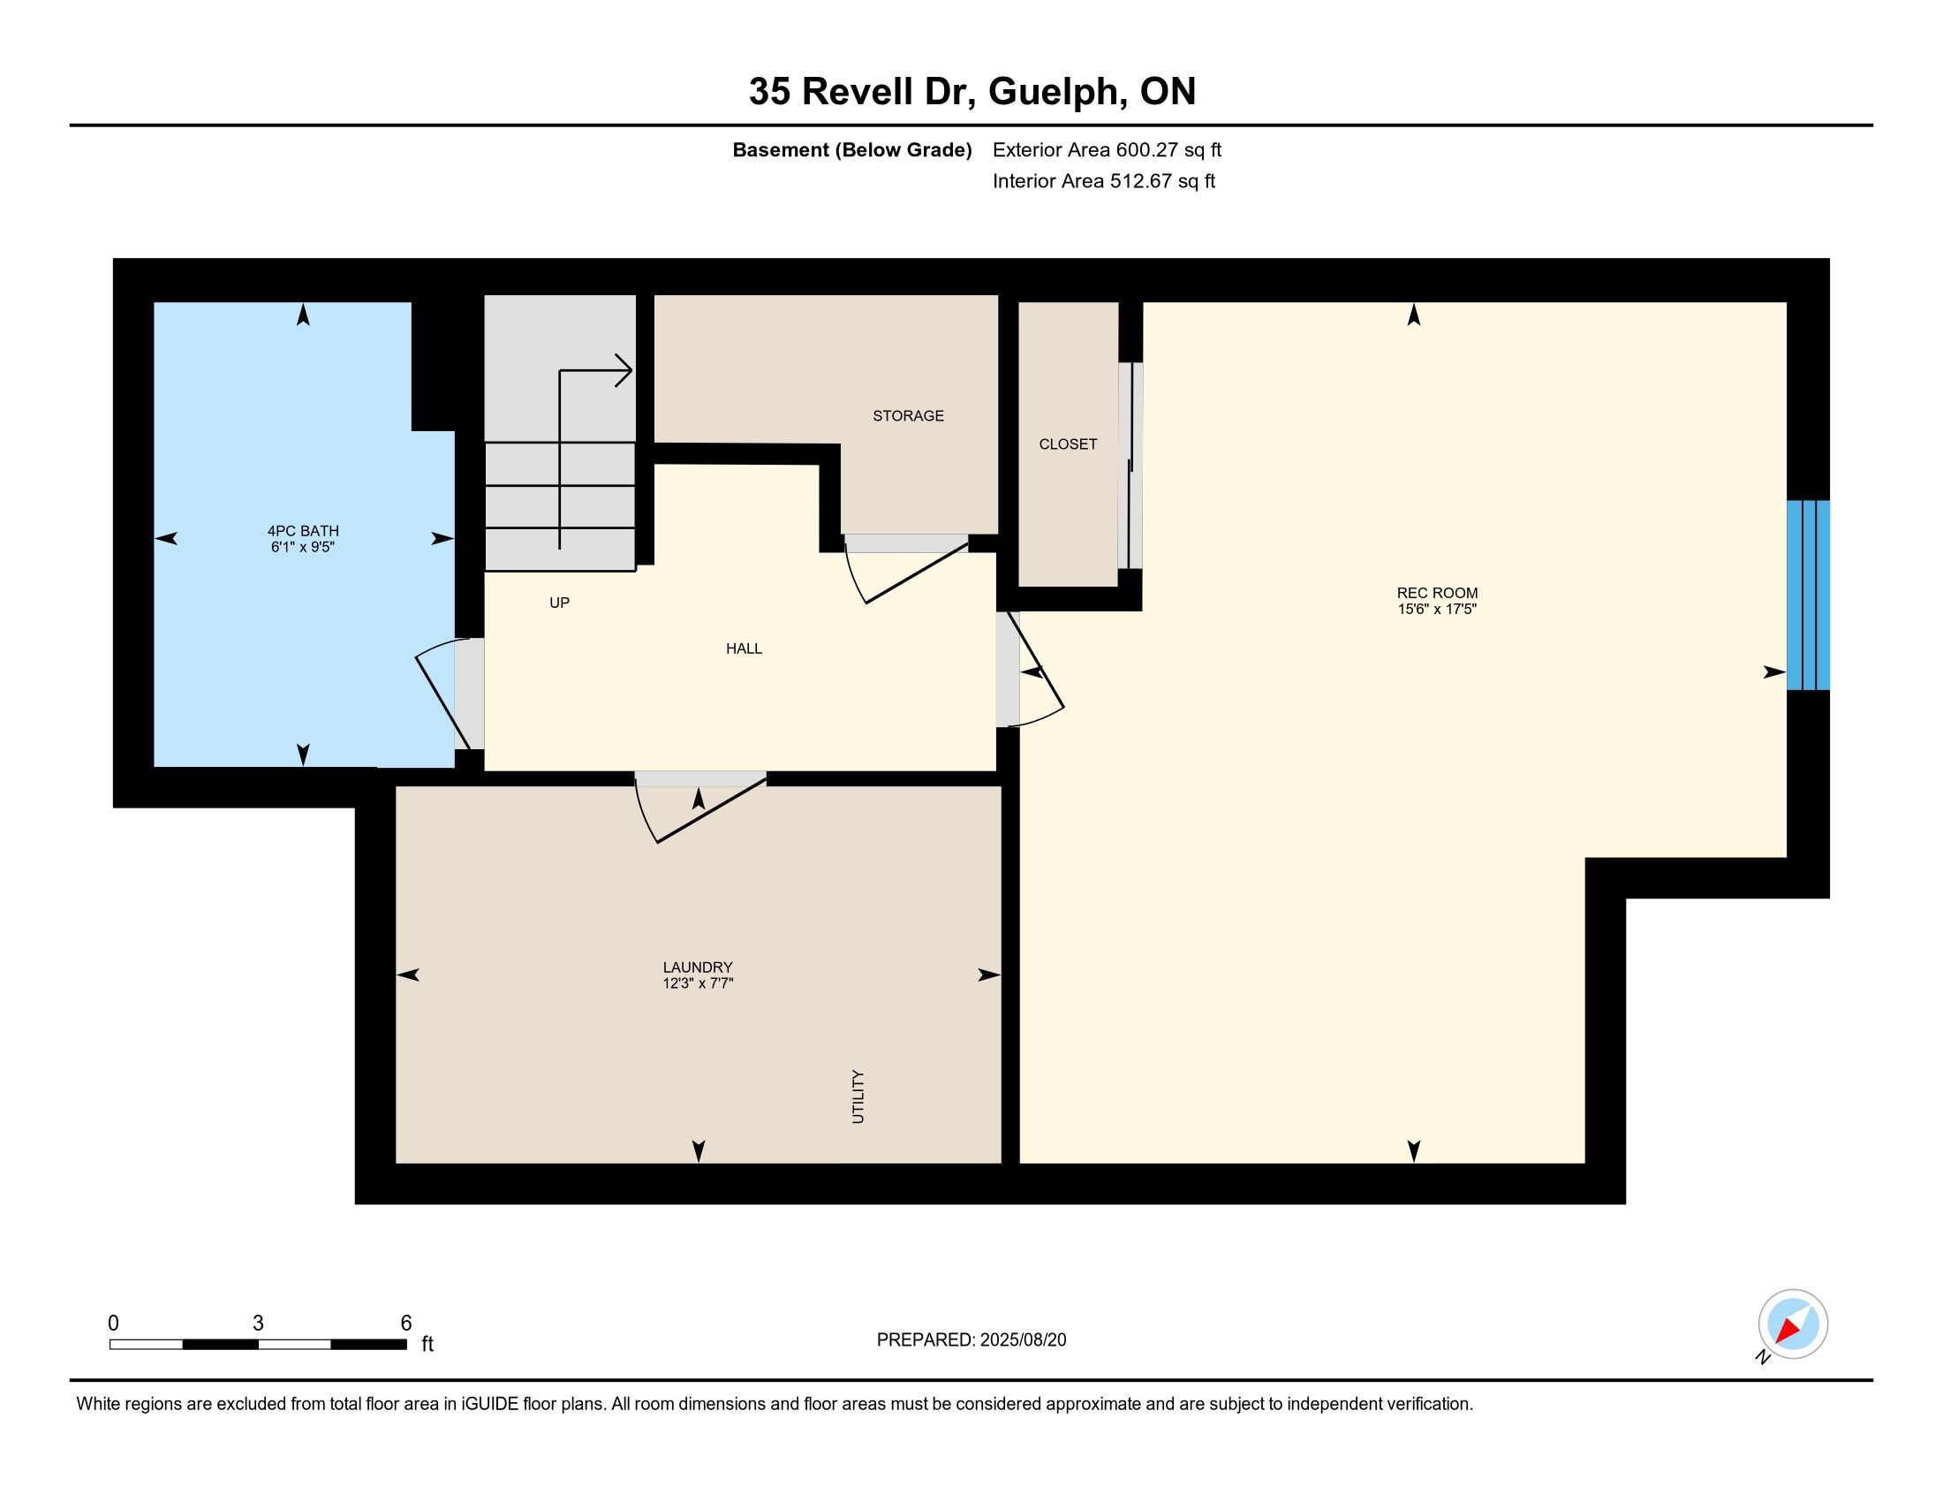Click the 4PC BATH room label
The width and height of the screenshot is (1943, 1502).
click(303, 531)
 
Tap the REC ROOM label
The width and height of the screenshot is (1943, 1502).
click(1437, 593)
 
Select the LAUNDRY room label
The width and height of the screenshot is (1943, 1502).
click(698, 967)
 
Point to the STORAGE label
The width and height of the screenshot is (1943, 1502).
click(908, 415)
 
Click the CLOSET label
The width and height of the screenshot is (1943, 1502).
click(1068, 444)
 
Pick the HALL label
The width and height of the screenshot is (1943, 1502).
click(744, 649)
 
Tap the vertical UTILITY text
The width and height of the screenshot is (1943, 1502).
click(858, 1096)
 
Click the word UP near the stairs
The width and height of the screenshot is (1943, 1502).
click(559, 603)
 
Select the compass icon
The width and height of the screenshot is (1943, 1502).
click(1792, 1324)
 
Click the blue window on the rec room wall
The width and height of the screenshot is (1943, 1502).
click(1808, 595)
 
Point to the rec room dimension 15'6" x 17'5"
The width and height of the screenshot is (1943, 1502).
click(1437, 610)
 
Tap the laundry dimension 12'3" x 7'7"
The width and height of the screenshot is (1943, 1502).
click(698, 983)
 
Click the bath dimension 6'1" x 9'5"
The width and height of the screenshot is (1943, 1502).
click(302, 547)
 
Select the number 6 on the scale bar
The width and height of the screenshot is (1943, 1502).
click(406, 1323)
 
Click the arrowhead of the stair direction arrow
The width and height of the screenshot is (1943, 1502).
click(624, 370)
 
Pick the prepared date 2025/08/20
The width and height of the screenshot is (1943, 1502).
click(1022, 1340)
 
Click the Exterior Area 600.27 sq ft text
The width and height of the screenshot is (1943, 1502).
click(1107, 149)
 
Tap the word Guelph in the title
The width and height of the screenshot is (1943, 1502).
click(1054, 91)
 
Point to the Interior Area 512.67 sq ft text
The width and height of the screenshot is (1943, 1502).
click(1103, 180)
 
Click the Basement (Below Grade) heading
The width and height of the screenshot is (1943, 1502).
click(851, 149)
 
